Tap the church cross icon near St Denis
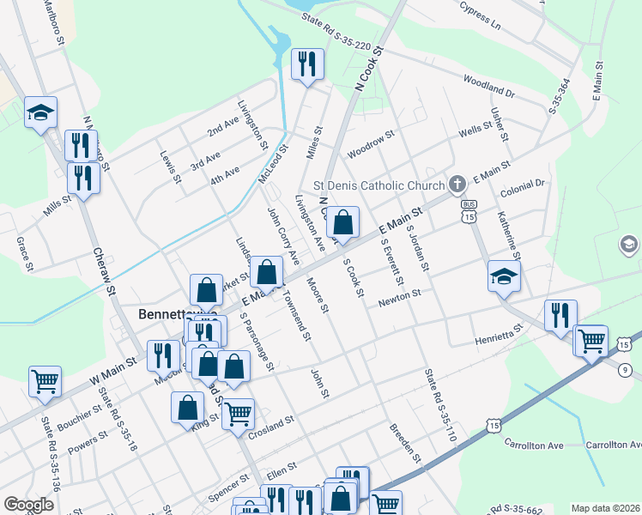[457, 184]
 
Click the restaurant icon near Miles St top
[307, 64]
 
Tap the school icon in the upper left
[40, 112]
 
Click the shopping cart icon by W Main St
[45, 381]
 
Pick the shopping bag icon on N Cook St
[342, 223]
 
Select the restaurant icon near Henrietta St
[560, 315]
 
